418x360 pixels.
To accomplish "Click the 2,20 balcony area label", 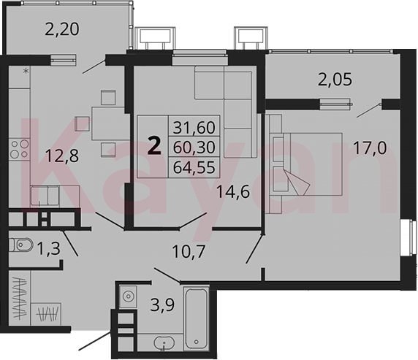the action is tap(62, 29).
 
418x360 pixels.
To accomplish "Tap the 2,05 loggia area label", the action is tap(335, 80).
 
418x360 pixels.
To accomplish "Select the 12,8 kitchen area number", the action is tap(62, 156).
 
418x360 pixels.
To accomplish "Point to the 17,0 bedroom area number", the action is tap(370, 148).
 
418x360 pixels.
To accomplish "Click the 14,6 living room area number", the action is tap(233, 191).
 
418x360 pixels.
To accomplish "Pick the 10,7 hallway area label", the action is tap(189, 251).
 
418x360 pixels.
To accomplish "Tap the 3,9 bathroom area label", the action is tap(162, 305).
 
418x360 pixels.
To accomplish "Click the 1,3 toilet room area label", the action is tap(49, 248).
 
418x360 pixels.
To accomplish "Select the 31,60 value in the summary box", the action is tap(194, 127).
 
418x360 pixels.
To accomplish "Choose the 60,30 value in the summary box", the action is tap(194, 147).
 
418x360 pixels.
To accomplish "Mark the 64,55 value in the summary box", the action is tap(194, 167).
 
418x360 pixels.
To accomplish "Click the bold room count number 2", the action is tap(154, 147).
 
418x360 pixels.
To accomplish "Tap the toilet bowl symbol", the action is tap(21, 245).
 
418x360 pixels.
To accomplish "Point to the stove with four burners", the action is tap(20, 149).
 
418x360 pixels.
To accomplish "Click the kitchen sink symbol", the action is tap(45, 196).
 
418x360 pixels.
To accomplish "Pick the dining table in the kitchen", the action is tap(108, 123).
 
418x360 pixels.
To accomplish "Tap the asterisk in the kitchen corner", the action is tap(26, 71).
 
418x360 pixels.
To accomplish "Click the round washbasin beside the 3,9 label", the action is tap(128, 296).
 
